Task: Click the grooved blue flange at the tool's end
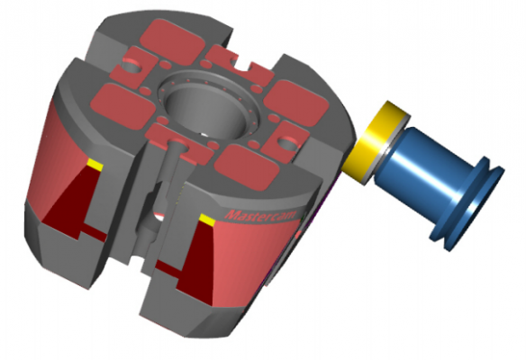click(477, 202)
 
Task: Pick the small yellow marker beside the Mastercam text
click(207, 220)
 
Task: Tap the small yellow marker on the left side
click(94, 164)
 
